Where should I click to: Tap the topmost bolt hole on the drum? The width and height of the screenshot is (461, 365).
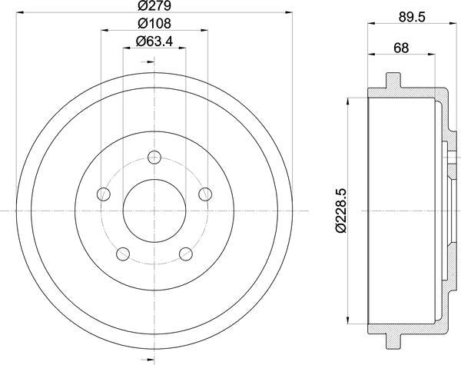(154, 158)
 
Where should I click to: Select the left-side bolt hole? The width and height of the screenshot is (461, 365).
(104, 194)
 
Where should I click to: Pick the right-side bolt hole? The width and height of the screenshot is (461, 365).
(205, 194)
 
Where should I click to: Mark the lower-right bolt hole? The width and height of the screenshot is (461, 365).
(185, 253)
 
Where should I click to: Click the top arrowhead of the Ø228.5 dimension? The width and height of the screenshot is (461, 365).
(350, 98)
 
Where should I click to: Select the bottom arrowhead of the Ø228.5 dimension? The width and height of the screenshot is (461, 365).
(350, 321)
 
